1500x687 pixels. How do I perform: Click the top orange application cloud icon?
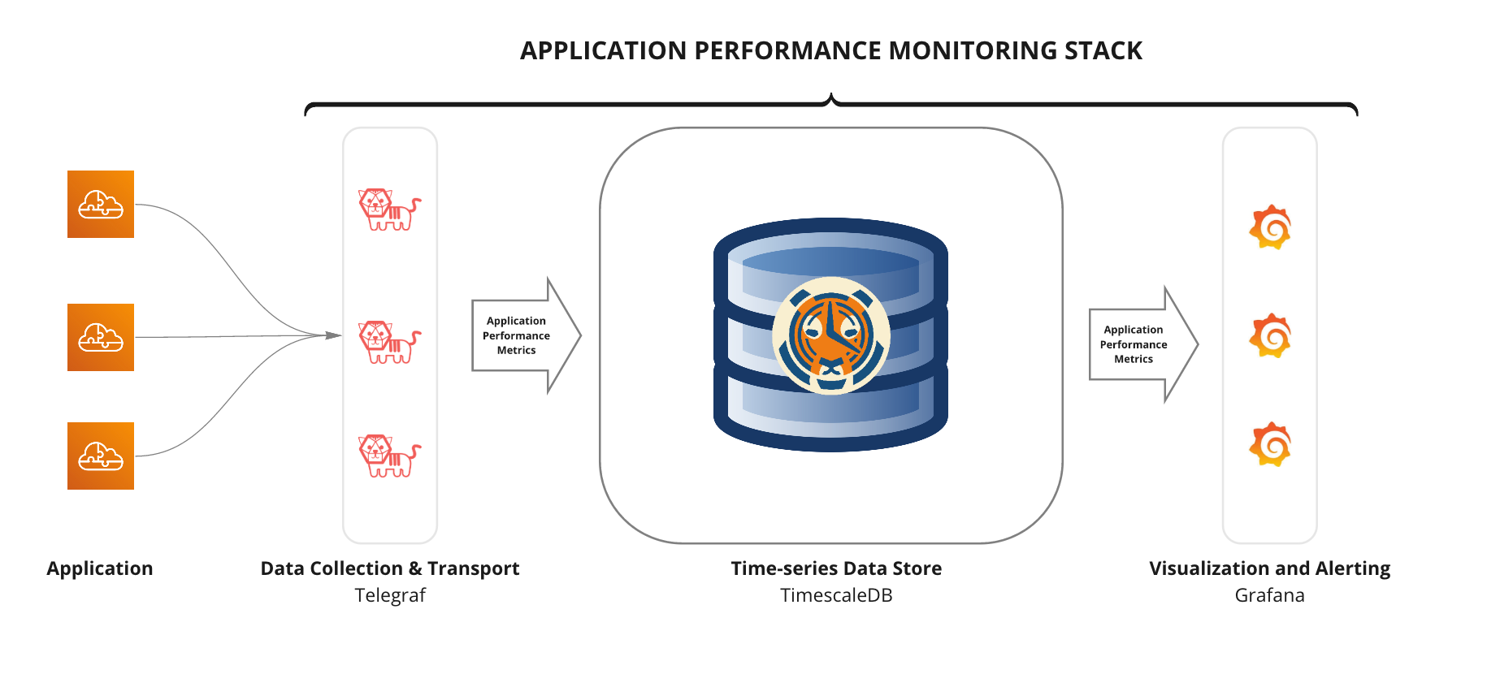tap(101, 204)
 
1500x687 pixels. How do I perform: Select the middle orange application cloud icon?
tap(101, 337)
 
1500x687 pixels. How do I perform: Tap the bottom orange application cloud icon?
tap(101, 456)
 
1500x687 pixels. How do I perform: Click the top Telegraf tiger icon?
tap(389, 210)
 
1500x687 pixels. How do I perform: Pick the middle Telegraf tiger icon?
tap(389, 342)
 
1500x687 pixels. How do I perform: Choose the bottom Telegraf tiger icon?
tap(389, 456)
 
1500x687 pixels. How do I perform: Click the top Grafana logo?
tap(1270, 227)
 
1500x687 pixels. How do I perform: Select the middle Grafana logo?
tap(1270, 335)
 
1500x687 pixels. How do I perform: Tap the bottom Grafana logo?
tap(1270, 444)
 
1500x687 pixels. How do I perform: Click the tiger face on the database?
tap(830, 335)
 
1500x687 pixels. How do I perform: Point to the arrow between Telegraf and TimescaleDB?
tap(525, 335)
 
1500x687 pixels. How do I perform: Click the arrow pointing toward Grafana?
tap(1142, 344)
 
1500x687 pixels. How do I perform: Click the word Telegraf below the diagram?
tap(390, 595)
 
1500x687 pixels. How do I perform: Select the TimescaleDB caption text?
tap(836, 595)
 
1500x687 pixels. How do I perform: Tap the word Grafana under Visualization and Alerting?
tap(1269, 595)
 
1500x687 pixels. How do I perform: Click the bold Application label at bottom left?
tap(100, 568)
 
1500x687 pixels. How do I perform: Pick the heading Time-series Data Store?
tap(836, 568)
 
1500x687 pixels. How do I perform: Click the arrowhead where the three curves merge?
tap(334, 335)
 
